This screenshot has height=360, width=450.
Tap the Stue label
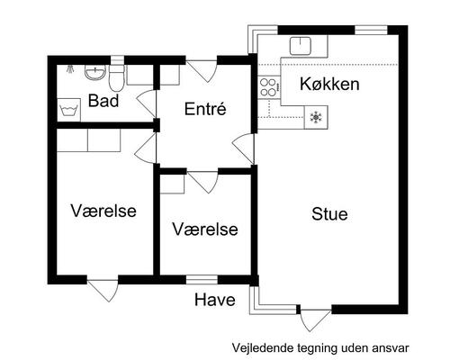329,214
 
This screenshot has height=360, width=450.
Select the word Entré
204,109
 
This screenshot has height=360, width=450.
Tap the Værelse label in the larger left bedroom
103,211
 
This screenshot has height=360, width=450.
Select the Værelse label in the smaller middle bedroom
205,229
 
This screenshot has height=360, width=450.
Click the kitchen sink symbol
300,46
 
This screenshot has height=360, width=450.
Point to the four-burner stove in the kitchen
268,86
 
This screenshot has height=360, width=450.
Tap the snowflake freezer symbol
316,115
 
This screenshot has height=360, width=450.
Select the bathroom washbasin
95,72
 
